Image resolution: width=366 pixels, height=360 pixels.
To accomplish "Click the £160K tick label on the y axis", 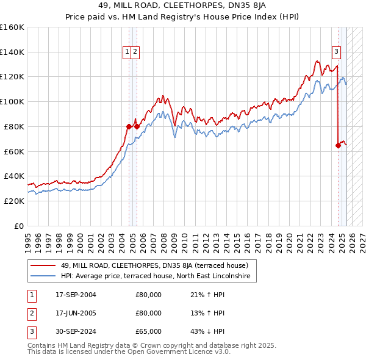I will coord(12,27).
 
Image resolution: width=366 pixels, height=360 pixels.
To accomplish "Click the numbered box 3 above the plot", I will coord(336,52).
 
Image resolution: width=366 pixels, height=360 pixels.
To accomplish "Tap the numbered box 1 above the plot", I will coord(127,52).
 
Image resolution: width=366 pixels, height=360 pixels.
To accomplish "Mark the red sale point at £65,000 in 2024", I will coord(338,145).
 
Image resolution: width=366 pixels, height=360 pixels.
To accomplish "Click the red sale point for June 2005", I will coord(137,126).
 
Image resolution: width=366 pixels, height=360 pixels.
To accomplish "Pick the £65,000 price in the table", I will coord(148,331).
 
